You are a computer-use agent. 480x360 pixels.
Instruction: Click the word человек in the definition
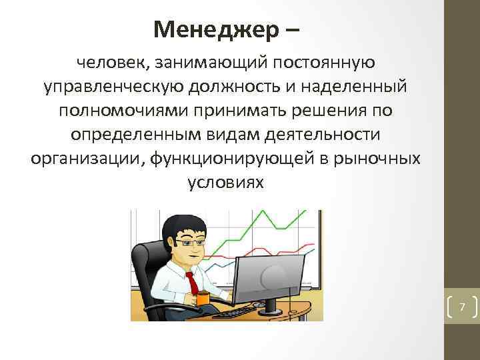pos(111,63)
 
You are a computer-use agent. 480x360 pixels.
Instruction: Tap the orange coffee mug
pos(203,298)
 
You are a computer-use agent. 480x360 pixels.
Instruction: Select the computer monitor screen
pos(274,274)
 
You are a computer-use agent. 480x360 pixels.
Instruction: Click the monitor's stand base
pos(273,309)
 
